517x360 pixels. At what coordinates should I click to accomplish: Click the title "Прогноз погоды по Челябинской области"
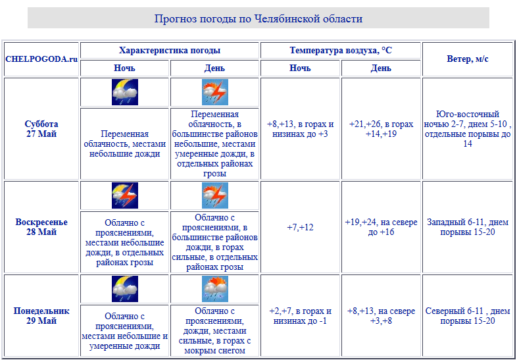point(258,18)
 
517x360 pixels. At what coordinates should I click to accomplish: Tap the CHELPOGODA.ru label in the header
point(41,59)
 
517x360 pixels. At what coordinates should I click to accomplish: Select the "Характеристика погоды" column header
point(170,50)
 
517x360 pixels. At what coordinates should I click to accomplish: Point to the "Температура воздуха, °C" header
point(341,50)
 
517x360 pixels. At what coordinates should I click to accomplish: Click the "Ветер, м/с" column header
point(467,59)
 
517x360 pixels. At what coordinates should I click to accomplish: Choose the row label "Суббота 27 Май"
point(41,128)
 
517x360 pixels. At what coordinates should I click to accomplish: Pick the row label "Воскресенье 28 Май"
point(41,227)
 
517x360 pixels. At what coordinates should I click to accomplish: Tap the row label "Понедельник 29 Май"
point(41,316)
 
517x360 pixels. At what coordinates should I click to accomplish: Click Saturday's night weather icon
point(125,92)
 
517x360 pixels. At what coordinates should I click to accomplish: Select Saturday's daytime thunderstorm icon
point(214,92)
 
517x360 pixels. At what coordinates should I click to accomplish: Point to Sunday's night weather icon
point(125,195)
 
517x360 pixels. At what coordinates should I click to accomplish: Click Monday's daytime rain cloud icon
point(214,289)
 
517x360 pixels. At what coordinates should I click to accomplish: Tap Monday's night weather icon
point(125,289)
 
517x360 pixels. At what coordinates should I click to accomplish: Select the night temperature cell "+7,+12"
point(300,227)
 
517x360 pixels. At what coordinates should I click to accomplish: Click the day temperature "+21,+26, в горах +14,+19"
point(381,128)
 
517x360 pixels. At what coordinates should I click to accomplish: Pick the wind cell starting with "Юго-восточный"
point(467,129)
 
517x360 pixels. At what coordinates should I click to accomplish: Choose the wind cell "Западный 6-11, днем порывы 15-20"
point(467,227)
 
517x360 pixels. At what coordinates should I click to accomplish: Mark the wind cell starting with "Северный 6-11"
point(467,316)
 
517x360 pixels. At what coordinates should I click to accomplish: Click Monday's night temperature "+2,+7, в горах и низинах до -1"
point(300,316)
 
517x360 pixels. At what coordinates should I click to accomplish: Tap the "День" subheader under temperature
point(381,68)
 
